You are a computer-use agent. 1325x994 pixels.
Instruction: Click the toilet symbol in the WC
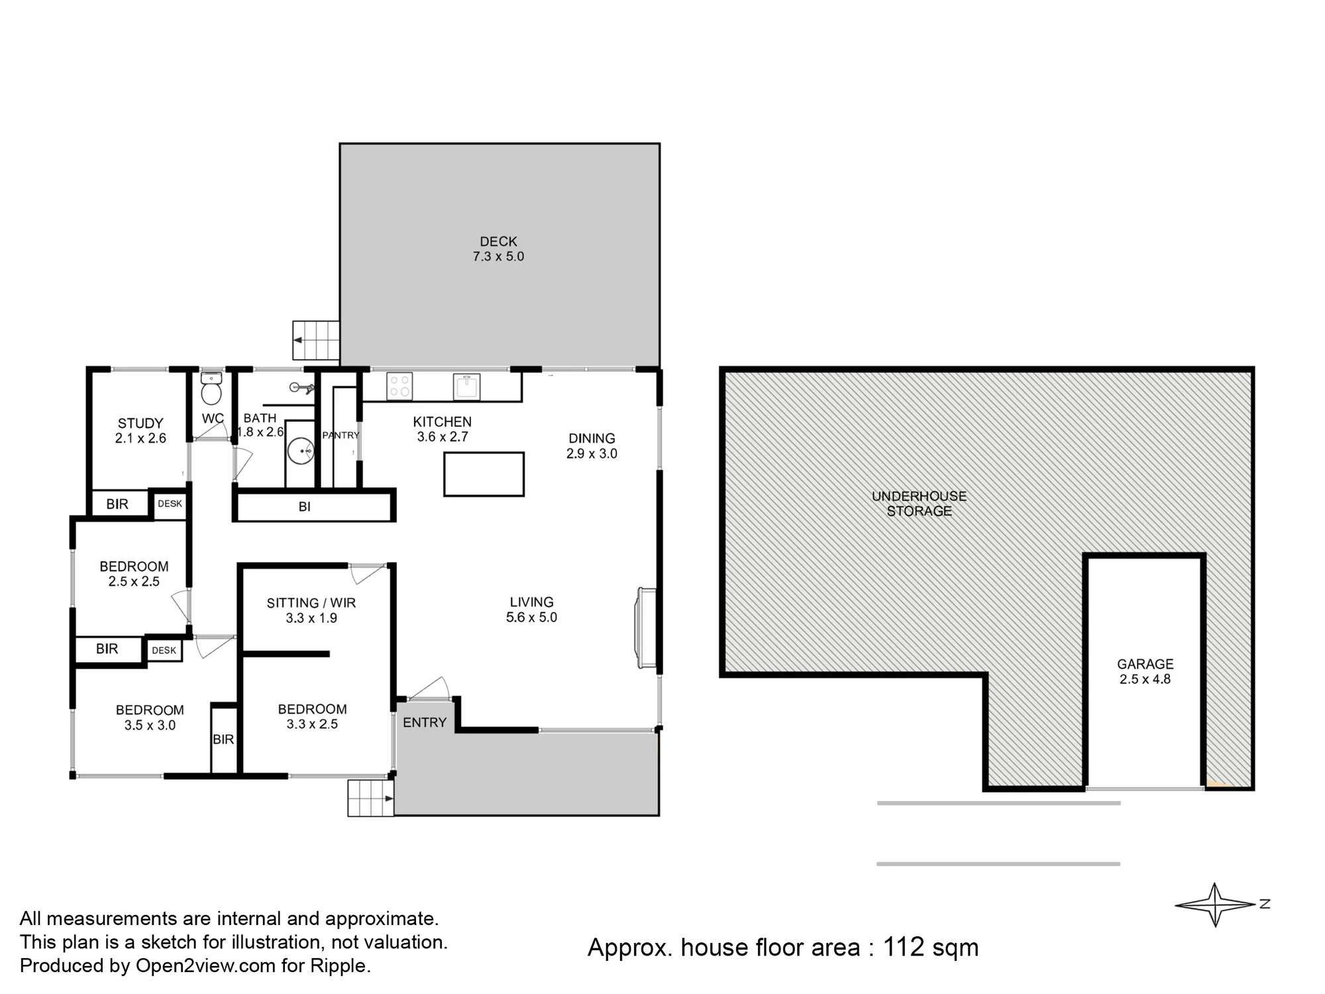pos(211,388)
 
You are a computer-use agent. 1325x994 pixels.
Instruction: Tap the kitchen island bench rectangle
pos(484,474)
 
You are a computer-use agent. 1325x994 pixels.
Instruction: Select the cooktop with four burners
pos(399,386)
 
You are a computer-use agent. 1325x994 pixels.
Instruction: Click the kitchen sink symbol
pos(466,387)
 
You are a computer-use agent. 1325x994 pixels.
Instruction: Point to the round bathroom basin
pos(301,451)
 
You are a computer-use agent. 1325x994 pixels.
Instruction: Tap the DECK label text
pos(498,242)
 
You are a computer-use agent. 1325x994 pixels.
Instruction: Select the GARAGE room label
pos(1145,664)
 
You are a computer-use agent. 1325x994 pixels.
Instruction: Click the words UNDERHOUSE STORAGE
pos(919,504)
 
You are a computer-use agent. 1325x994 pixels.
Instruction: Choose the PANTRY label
pos(341,435)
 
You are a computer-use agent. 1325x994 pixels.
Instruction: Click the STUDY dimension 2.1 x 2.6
pos(140,438)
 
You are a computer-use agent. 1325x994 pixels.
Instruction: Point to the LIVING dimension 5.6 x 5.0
pos(531,618)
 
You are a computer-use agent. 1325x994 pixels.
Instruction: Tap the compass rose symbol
pos(1216,904)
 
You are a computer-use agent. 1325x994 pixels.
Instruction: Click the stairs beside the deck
pos(316,340)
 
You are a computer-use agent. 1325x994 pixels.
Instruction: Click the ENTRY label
pos(425,722)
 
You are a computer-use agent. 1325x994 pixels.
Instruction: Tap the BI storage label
pos(304,507)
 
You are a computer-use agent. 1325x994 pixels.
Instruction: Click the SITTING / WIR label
pos(311,603)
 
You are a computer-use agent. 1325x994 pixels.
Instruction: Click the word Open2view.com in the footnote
pos(205,966)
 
